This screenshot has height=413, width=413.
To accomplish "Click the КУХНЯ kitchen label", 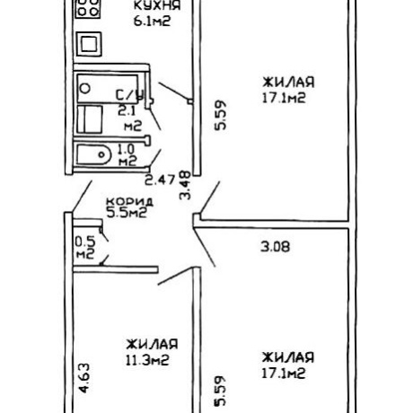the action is (157, 5).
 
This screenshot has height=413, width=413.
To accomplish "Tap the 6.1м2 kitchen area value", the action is (152, 22).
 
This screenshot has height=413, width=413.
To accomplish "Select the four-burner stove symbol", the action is (88, 9).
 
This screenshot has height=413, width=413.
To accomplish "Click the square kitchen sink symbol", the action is (89, 44).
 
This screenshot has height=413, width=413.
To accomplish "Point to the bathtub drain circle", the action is (85, 89).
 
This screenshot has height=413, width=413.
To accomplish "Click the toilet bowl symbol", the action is (93, 154).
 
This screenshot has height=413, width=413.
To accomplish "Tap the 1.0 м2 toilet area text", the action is (127, 155).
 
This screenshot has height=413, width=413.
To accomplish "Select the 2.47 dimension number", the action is (160, 180).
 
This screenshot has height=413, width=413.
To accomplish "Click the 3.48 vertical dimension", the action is (185, 185).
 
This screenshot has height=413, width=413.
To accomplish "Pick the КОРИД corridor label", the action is (130, 201).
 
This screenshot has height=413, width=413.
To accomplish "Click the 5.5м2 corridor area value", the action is (127, 213).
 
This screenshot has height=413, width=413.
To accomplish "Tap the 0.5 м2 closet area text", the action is (85, 248).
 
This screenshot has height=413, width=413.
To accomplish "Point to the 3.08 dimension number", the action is (276, 247).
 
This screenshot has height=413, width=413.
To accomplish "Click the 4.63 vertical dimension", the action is (83, 378).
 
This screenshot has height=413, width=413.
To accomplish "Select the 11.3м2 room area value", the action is (147, 360).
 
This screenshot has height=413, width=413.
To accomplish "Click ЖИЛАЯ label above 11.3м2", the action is (152, 344).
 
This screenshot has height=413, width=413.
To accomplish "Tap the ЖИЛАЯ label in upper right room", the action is (288, 82).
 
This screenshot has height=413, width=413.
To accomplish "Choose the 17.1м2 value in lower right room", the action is (284, 373).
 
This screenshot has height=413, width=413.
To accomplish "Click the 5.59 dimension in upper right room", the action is (221, 115).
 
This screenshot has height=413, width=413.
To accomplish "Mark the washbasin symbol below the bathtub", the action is (90, 119).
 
